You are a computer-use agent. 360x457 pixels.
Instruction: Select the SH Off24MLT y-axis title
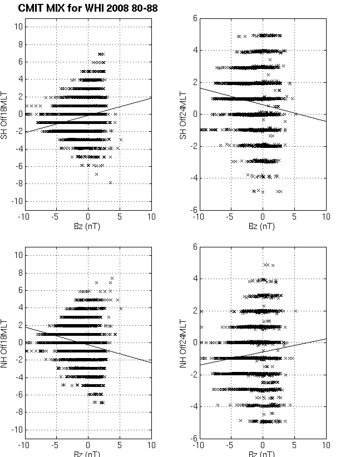click(x=181, y=115)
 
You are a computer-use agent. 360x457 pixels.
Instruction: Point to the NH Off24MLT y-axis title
click(x=181, y=342)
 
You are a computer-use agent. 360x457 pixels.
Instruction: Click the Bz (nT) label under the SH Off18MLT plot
click(x=88, y=226)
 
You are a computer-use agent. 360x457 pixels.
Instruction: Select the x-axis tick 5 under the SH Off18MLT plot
click(x=120, y=217)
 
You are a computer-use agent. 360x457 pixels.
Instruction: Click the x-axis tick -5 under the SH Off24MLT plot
click(x=230, y=217)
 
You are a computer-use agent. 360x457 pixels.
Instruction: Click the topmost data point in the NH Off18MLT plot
click(x=112, y=278)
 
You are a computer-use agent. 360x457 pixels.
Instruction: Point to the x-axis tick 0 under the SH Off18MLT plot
click(x=88, y=217)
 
